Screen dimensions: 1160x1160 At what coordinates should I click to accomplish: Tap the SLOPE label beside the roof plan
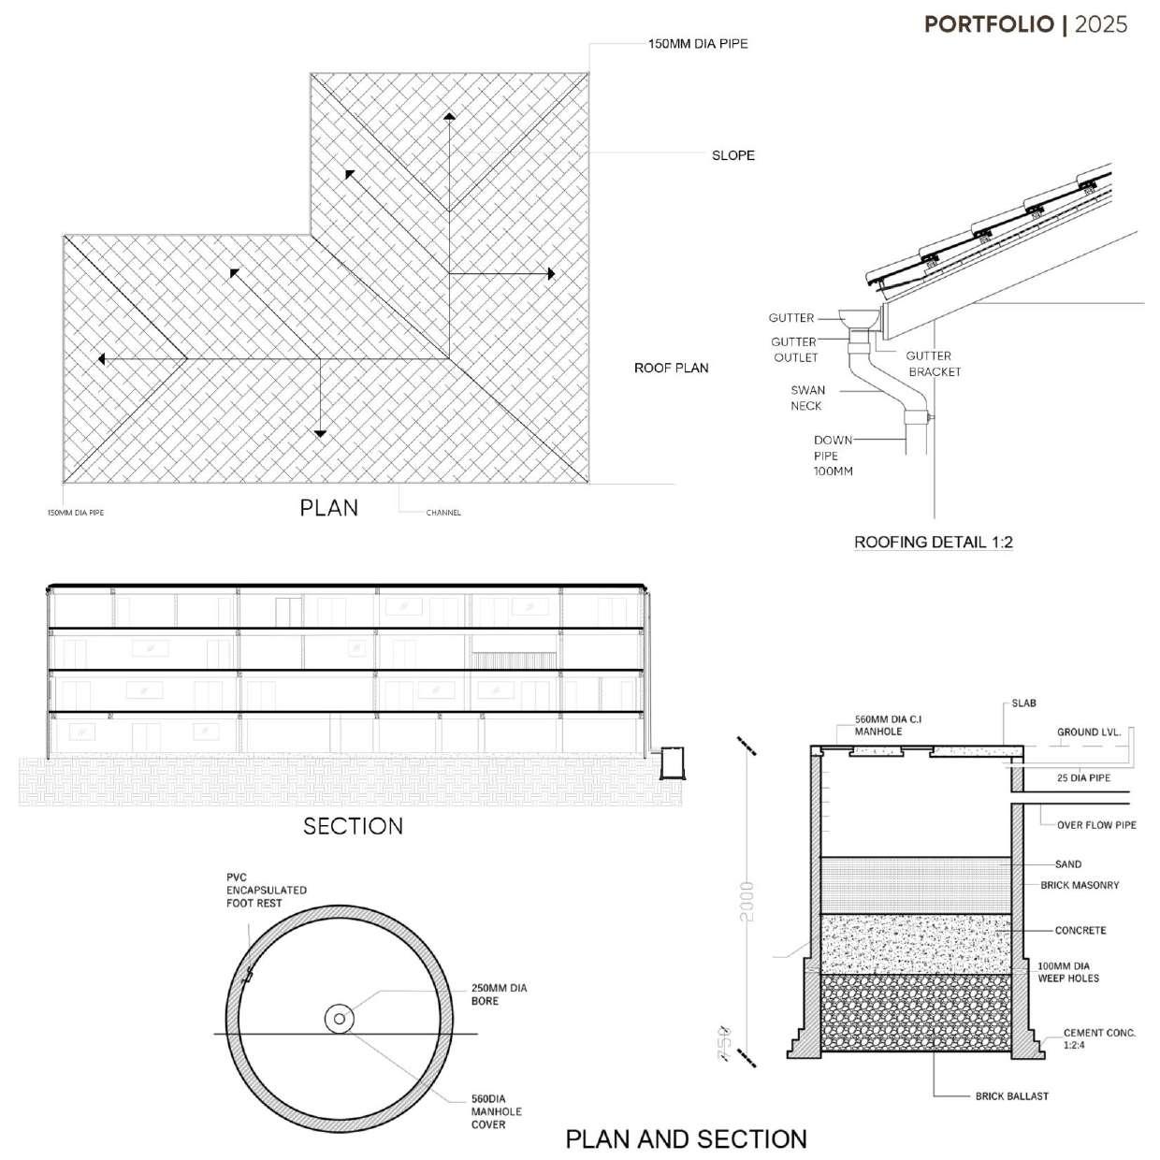point(732,155)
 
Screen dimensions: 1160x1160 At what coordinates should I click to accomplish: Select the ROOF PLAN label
point(671,368)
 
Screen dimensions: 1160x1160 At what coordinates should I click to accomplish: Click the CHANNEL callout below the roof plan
point(443,513)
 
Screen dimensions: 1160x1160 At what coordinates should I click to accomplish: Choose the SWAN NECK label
point(806,398)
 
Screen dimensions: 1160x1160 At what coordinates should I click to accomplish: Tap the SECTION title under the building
point(353,826)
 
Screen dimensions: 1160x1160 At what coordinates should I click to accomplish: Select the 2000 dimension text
point(747,901)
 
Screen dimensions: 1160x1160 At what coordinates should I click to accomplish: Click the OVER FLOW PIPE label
point(1096,825)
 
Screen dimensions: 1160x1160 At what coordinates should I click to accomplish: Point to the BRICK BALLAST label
point(1011,1095)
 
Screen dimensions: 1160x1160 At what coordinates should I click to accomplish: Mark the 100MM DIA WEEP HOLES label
point(1068,972)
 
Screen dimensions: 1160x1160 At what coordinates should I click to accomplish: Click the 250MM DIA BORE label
point(499,994)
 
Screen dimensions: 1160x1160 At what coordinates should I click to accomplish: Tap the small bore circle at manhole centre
point(338,1019)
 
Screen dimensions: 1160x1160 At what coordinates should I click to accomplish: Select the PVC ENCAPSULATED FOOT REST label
point(266,891)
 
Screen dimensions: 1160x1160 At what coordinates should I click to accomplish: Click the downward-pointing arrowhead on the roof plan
point(320,433)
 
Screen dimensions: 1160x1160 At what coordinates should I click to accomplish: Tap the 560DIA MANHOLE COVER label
point(496,1111)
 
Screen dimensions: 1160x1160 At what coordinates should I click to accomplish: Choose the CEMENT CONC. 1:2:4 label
point(1098,1038)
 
